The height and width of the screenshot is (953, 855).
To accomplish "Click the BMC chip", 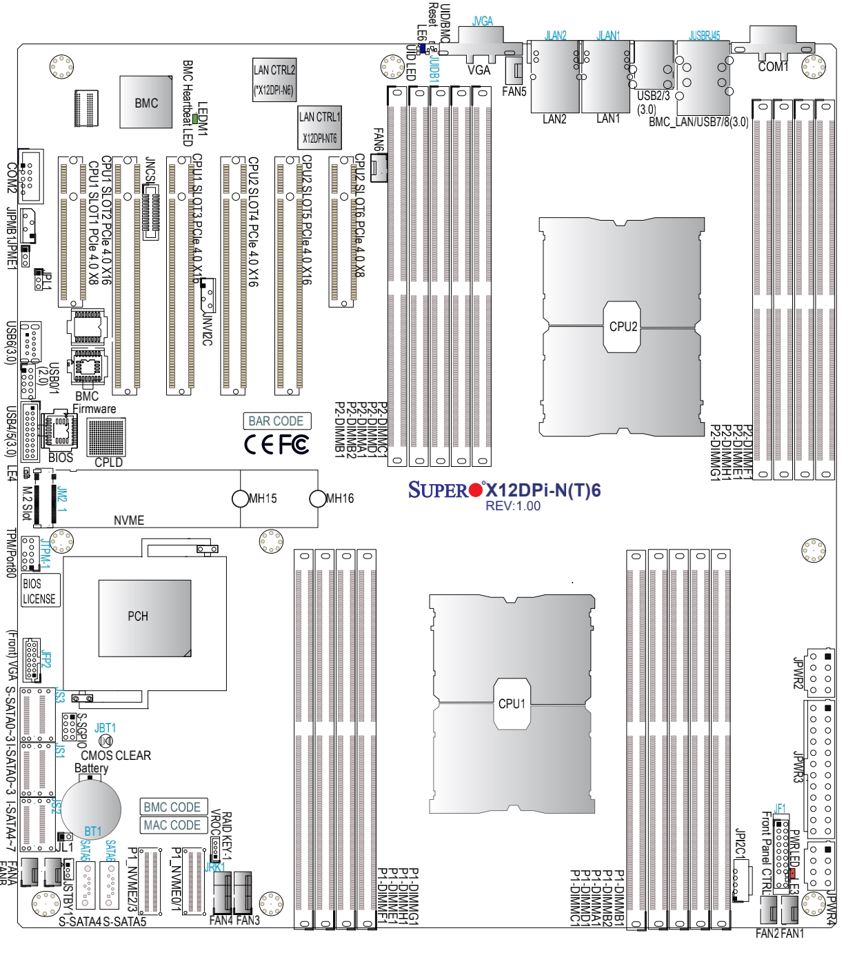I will (x=145, y=102).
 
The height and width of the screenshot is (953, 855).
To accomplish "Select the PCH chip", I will (x=144, y=616).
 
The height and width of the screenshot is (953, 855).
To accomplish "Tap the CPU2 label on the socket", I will (x=623, y=326).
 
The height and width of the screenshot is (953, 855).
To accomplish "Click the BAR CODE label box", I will (x=276, y=421).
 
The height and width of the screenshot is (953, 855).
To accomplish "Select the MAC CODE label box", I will (x=172, y=825).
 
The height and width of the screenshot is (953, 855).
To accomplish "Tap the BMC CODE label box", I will (x=172, y=807).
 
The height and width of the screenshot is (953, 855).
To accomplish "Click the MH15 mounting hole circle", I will (x=239, y=498).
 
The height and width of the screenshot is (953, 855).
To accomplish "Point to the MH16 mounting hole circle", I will (x=317, y=498).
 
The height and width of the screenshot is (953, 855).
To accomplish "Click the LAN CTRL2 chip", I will (x=274, y=79).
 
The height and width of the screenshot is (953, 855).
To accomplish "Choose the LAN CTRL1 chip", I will (x=320, y=127).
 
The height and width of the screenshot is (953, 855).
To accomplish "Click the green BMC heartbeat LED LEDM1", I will (x=196, y=119).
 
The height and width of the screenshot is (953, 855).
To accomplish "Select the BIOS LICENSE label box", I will (x=39, y=591).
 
